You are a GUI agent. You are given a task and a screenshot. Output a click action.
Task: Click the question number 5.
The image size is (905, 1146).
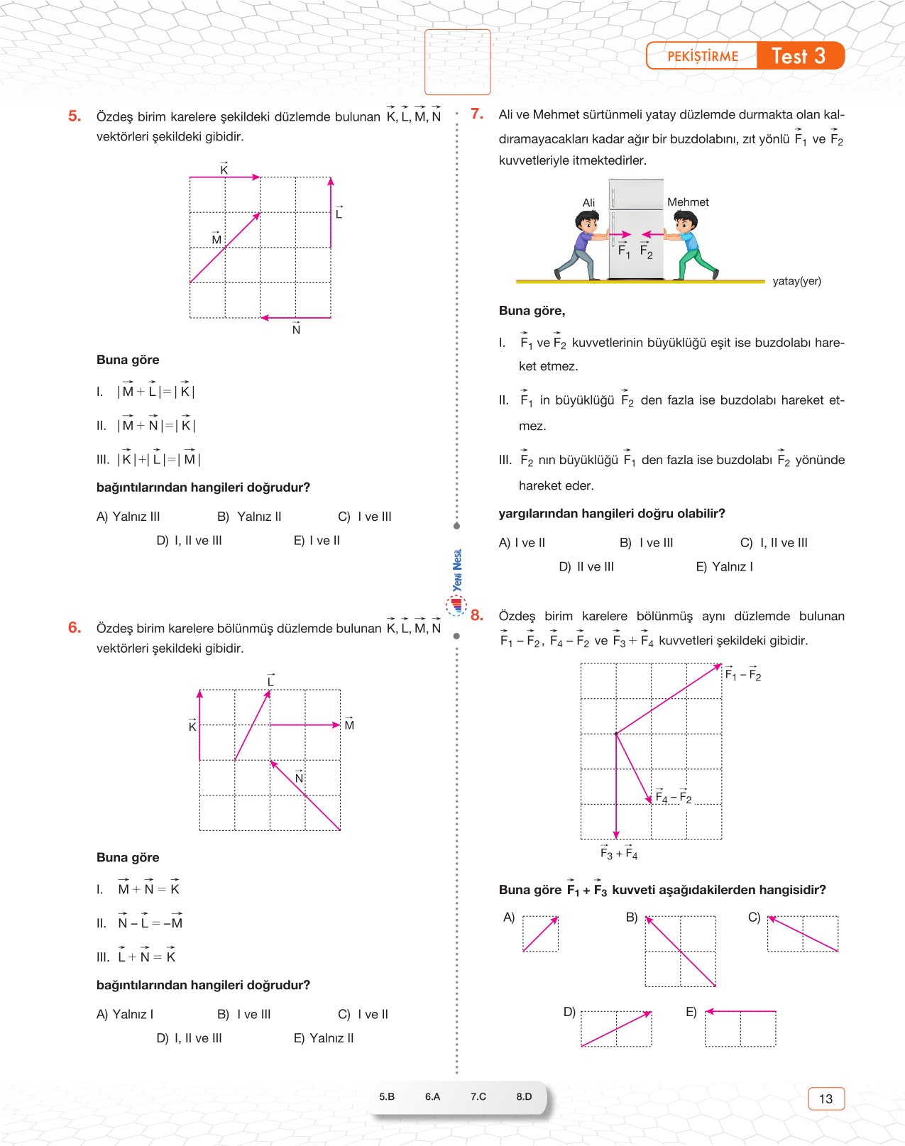point(75,116)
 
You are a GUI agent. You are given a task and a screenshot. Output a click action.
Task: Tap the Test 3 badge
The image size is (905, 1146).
point(799,56)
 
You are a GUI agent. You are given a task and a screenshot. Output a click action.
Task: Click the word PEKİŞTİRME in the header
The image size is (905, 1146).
point(703,57)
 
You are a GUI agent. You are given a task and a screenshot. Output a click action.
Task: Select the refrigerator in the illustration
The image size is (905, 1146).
point(636,228)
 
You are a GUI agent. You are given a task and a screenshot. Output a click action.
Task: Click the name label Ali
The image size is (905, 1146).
point(588,203)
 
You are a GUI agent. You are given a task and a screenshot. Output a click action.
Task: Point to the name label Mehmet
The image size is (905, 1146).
point(688,202)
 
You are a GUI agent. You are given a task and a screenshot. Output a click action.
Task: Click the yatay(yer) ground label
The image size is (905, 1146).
point(796,281)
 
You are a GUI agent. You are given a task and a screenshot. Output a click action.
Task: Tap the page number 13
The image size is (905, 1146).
point(826,1098)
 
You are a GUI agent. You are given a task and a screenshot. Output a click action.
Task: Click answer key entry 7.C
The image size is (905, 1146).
point(478,1096)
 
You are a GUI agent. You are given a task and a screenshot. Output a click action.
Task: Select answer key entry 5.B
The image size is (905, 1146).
point(387,1096)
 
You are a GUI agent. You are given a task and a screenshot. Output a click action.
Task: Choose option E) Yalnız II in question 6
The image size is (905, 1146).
point(324,1038)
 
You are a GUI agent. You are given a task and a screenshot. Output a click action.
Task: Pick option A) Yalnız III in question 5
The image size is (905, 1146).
point(128,517)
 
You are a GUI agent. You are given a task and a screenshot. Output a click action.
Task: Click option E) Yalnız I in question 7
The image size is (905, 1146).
point(724,566)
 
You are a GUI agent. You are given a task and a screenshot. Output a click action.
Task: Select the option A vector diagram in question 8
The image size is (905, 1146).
point(540,934)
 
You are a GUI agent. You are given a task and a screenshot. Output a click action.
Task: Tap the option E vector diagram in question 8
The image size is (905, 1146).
point(740,1028)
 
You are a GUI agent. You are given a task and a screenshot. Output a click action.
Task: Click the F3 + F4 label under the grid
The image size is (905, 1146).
point(619,854)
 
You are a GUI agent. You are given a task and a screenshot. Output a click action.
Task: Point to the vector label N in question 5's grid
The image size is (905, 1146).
point(296,330)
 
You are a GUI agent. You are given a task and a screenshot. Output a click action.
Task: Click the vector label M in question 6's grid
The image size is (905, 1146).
point(349,724)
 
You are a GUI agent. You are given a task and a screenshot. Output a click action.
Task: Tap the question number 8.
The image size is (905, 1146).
point(477,615)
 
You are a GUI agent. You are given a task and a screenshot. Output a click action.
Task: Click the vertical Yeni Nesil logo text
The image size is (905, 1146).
point(458,570)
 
